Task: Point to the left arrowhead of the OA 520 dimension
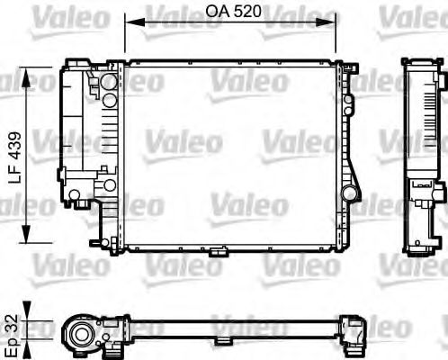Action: coord(129,25)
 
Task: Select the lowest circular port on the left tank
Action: coord(109,185)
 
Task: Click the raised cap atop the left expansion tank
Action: coord(76,62)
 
